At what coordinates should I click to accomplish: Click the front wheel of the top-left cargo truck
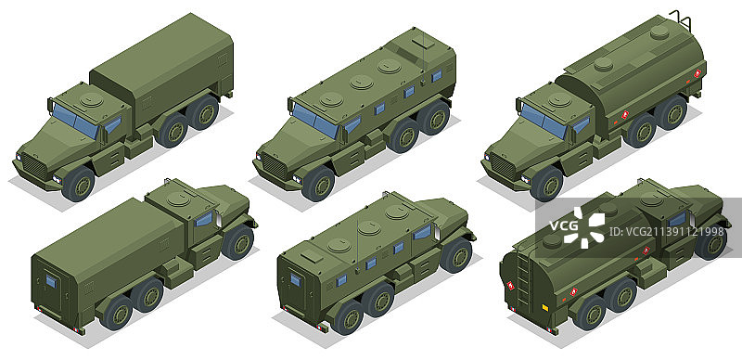(79, 184)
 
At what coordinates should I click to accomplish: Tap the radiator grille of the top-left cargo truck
(35, 167)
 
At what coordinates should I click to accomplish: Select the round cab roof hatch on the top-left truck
(91, 99)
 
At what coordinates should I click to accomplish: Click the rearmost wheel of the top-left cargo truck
(202, 111)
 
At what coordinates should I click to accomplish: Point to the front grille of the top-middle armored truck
(275, 167)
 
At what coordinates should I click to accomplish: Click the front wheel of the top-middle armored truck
(318, 184)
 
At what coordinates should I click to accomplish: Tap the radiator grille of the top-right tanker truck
(503, 167)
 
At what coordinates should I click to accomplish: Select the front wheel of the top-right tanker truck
(546, 184)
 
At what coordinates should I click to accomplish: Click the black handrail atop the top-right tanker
(681, 18)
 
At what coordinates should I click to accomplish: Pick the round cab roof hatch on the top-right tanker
(561, 99)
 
